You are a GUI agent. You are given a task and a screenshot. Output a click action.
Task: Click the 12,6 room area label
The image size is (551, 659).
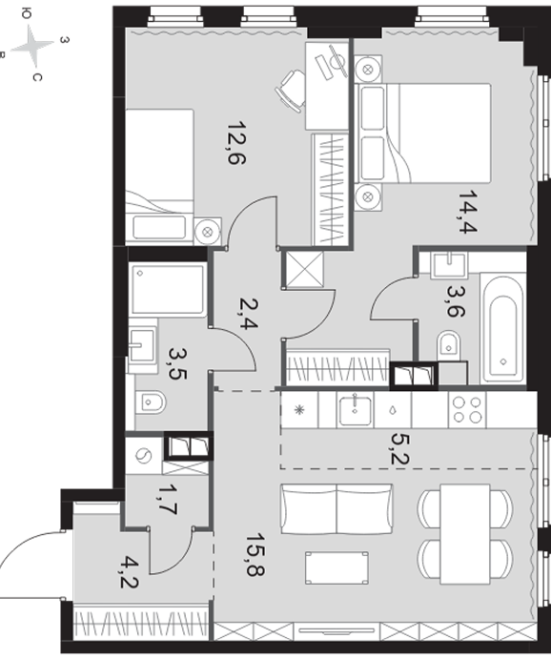point(236,143)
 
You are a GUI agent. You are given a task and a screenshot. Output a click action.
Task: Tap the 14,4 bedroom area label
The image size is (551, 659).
point(468,212)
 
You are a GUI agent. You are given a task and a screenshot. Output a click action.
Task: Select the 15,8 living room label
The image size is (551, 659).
point(255,555)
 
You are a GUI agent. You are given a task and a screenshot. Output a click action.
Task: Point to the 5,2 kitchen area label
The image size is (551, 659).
point(399,448)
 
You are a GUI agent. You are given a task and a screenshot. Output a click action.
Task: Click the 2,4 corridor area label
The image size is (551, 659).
point(249,313)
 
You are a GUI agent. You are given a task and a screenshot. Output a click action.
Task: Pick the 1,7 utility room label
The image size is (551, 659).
point(168,500)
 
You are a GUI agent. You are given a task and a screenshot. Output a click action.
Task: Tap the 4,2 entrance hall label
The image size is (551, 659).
point(130,572)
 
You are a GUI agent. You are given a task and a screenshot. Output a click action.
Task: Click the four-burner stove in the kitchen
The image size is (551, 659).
point(467,410)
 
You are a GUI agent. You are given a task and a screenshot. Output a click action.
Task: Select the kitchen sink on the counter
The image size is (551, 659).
point(356,410)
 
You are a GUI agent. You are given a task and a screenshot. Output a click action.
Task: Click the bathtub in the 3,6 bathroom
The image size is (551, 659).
point(502,328)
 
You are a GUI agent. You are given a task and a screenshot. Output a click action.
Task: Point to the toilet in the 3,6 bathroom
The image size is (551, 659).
point(449,346)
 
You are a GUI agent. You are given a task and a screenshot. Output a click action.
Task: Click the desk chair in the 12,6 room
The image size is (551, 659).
point(291,91)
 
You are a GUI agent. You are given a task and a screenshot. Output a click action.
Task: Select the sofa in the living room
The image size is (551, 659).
point(337,509)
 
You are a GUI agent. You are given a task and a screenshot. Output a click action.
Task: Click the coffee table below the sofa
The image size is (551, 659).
point(337,568)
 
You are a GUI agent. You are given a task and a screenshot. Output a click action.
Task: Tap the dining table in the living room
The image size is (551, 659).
point(465,534)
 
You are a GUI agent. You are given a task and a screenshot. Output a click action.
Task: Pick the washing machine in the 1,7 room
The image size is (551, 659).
point(144,456)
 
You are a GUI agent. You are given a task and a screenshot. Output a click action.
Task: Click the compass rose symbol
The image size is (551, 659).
point(32,46)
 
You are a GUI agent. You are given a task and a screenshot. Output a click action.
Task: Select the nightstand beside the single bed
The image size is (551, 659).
point(208,231)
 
